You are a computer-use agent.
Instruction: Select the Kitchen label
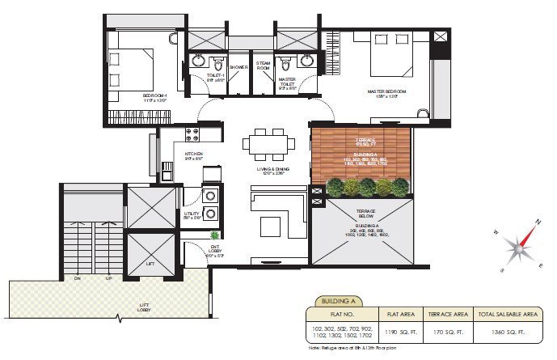tap(193, 154)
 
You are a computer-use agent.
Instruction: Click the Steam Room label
tap(263, 66)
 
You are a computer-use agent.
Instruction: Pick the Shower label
tap(238, 67)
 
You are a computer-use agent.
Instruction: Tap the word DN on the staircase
tap(77, 278)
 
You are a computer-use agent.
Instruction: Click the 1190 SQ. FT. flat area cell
tap(403, 332)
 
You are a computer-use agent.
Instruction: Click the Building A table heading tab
tap(339, 299)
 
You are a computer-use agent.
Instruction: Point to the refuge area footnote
tap(352, 348)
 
